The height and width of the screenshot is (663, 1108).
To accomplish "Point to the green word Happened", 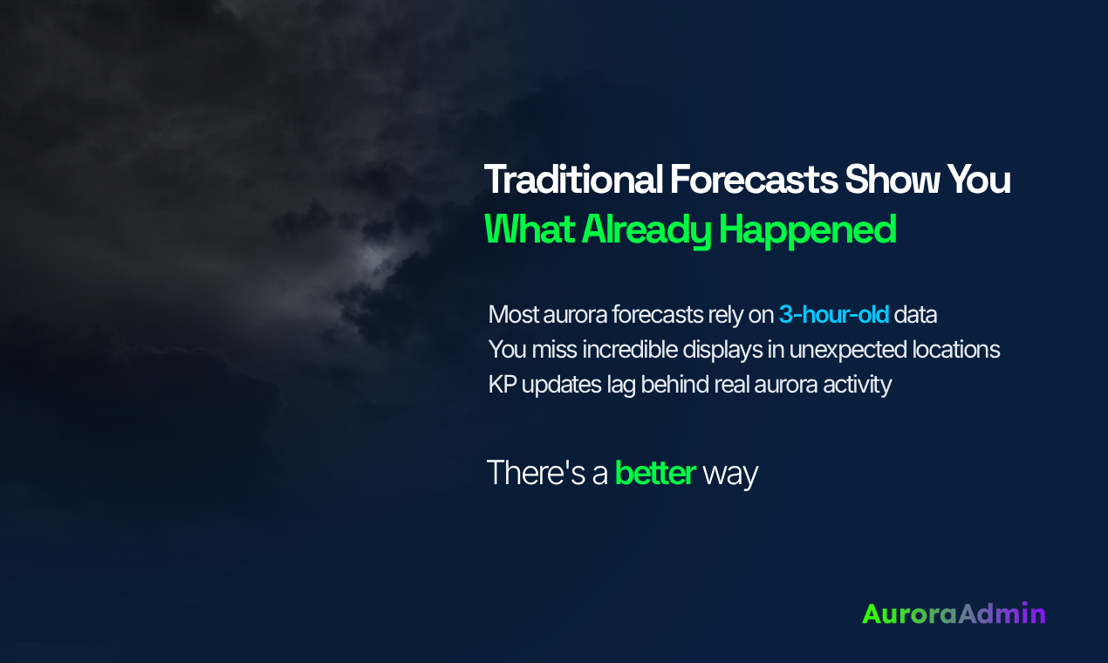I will click(807, 229).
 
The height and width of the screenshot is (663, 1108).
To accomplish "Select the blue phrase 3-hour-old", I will click(833, 314).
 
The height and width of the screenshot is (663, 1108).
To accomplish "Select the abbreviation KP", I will click(502, 385).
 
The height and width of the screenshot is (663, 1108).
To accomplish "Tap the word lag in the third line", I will click(617, 385).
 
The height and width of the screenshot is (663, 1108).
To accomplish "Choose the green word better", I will click(654, 473).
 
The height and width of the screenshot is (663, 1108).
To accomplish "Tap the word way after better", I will click(730, 474).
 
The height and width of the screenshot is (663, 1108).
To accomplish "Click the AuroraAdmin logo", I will click(953, 613).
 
